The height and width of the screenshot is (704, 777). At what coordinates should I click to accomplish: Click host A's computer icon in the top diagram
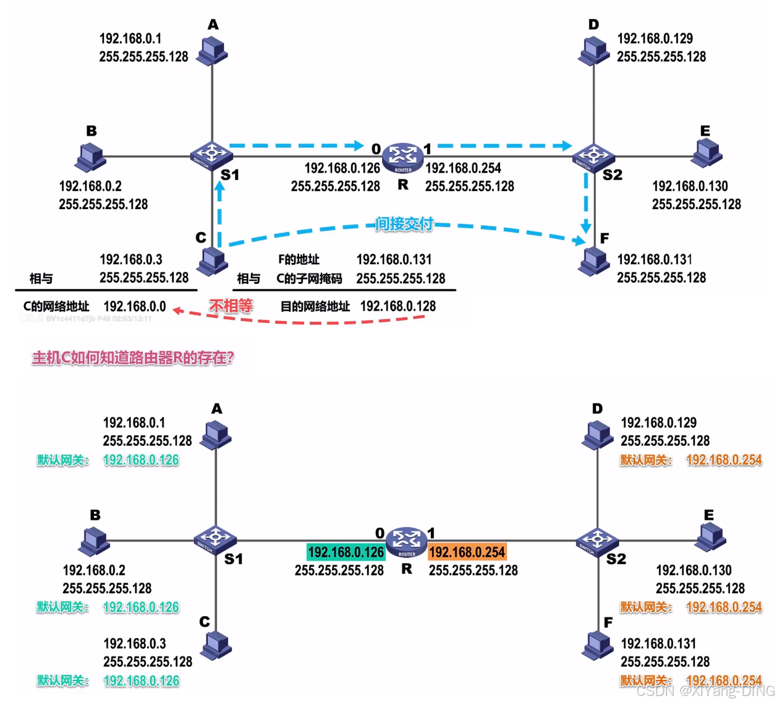(x=212, y=51)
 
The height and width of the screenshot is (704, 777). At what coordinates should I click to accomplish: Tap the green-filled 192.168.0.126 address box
(x=346, y=552)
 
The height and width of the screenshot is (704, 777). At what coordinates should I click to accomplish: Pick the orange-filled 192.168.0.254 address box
(x=467, y=552)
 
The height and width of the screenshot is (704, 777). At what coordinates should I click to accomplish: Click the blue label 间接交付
(x=404, y=224)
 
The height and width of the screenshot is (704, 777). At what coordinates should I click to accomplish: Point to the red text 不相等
(x=231, y=306)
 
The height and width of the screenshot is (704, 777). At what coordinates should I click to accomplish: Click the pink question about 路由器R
(x=133, y=358)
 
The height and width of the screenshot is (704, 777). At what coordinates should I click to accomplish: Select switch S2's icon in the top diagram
(x=593, y=157)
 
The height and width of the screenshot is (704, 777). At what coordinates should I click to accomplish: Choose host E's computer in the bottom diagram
(x=711, y=537)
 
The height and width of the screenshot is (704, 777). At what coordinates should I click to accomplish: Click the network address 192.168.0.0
(x=135, y=306)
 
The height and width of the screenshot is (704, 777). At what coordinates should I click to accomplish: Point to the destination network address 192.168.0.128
(x=398, y=306)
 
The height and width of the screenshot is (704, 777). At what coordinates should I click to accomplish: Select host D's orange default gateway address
(x=724, y=460)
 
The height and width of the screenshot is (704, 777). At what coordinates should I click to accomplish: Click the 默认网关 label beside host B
(x=62, y=607)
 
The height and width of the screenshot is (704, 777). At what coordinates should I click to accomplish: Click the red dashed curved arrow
(x=297, y=320)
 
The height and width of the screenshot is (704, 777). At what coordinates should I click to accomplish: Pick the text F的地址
(x=299, y=259)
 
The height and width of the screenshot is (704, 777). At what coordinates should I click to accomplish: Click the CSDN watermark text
(x=705, y=690)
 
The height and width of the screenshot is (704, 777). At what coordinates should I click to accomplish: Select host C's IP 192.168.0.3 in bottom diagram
(x=135, y=643)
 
